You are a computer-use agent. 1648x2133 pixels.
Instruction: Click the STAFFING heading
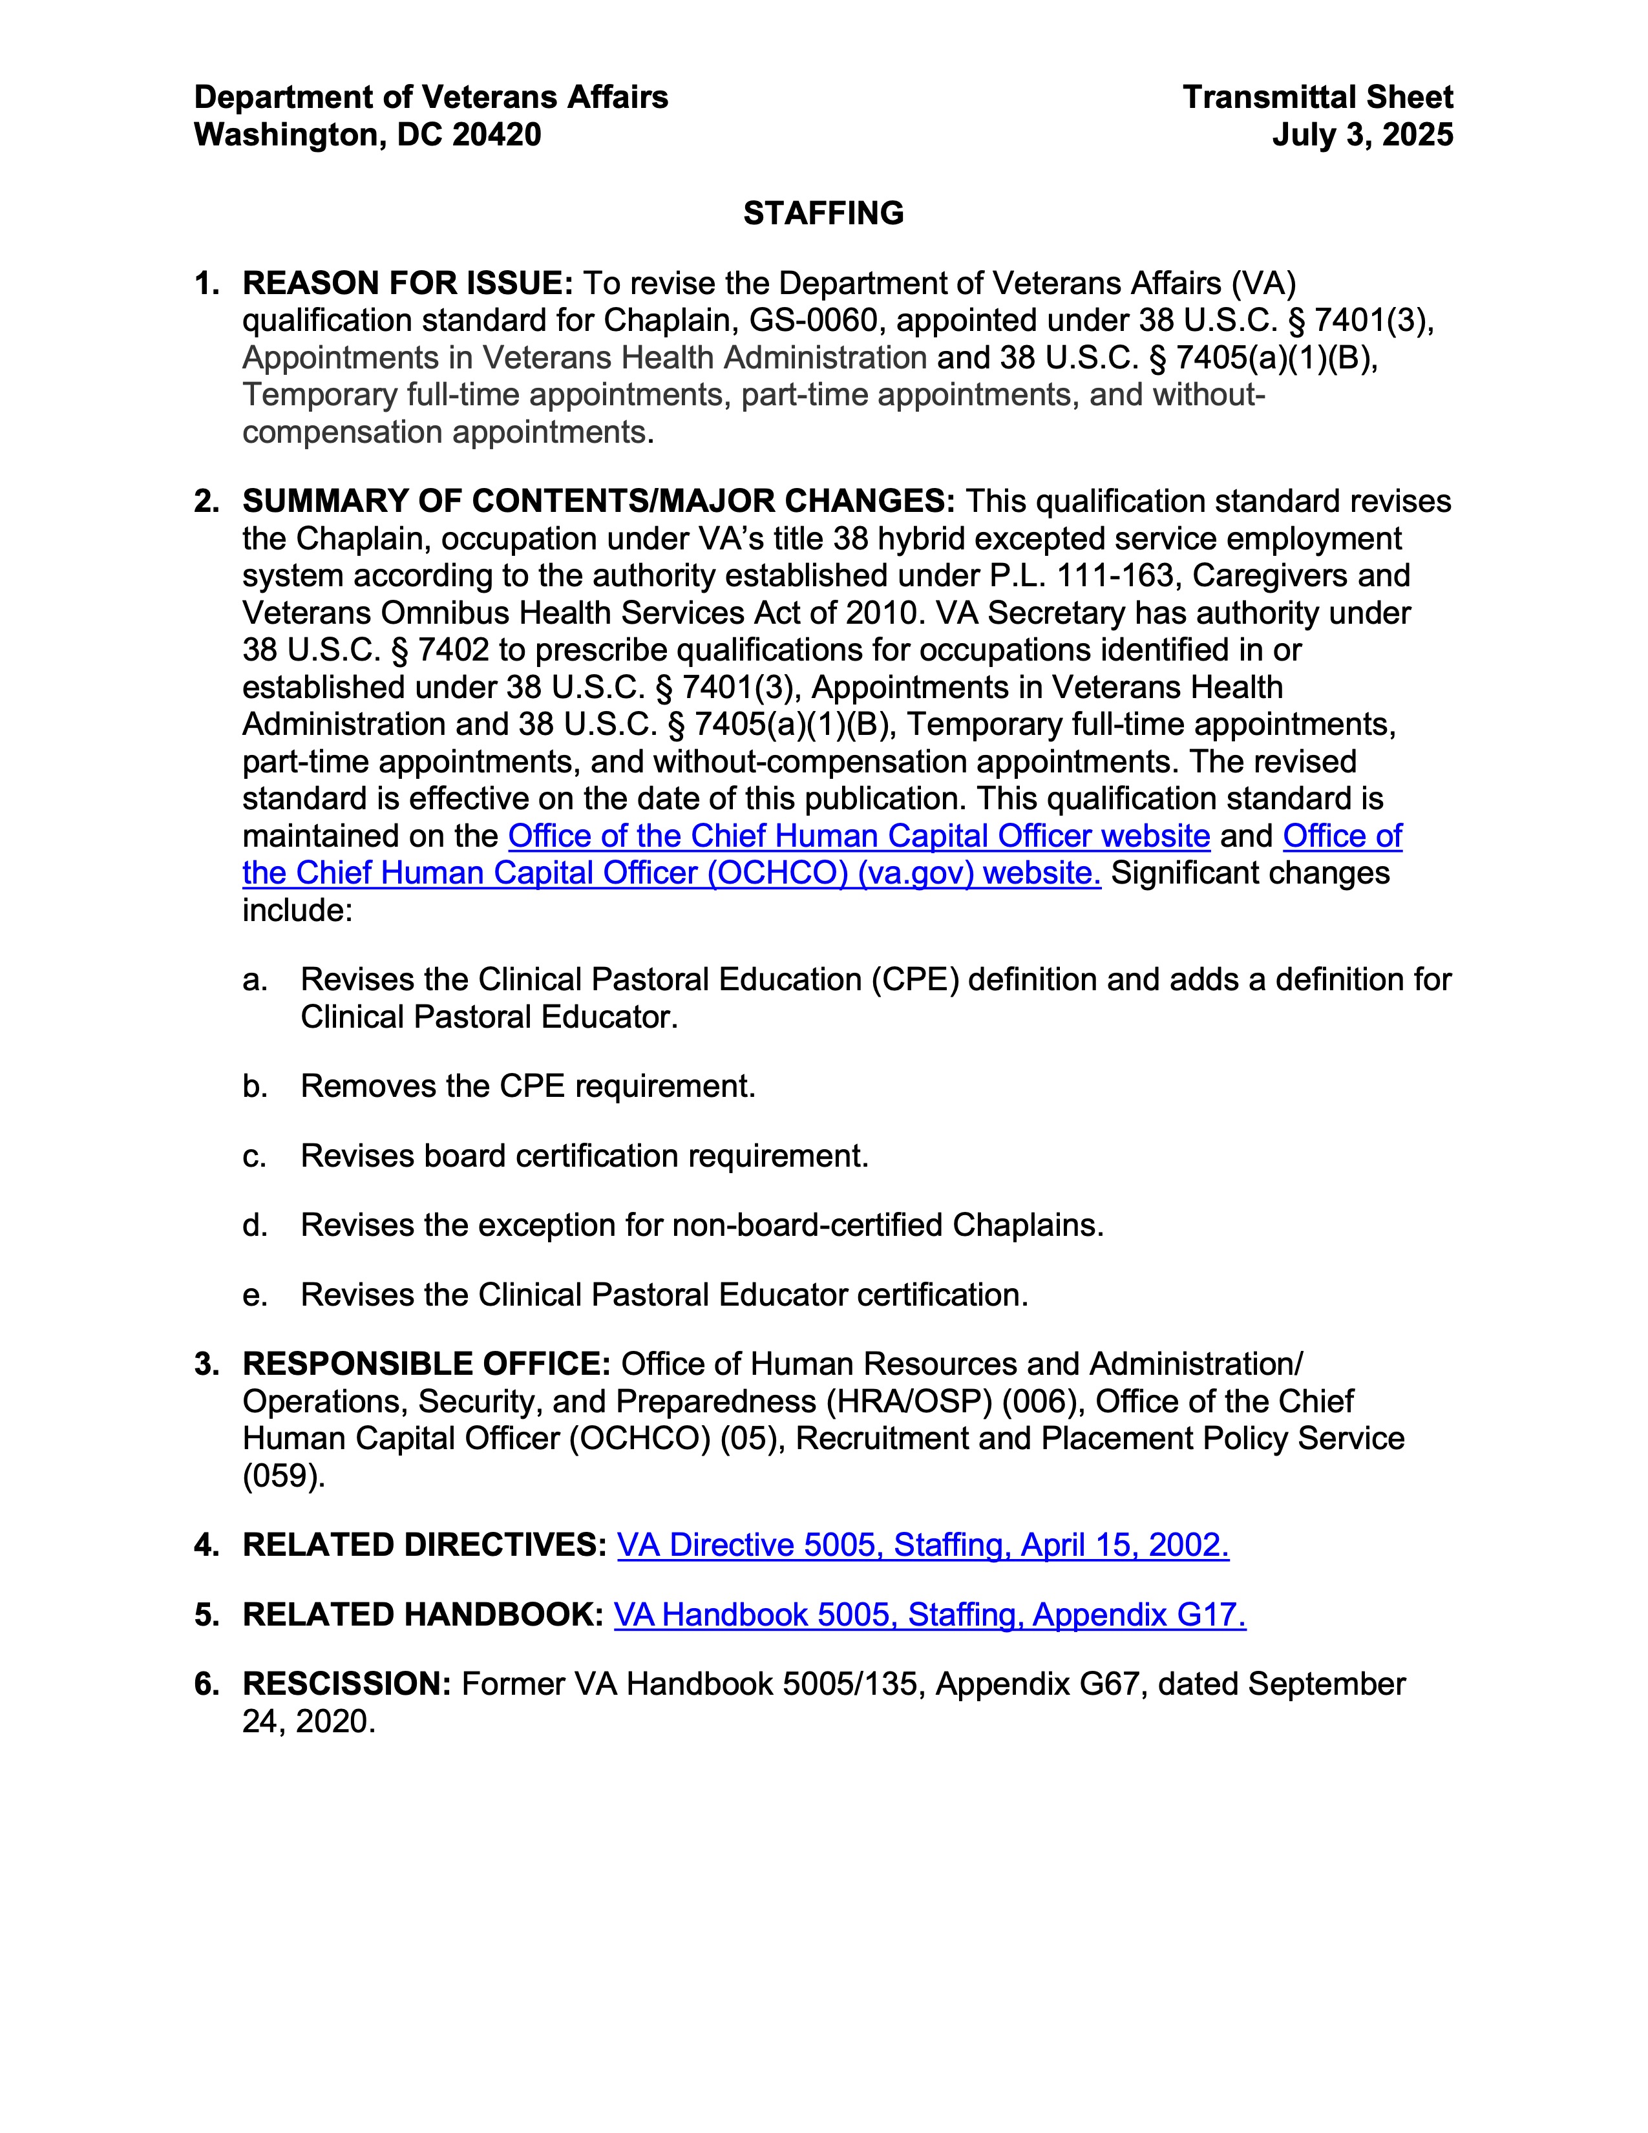tap(823, 213)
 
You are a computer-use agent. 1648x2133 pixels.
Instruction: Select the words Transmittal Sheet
tap(1317, 98)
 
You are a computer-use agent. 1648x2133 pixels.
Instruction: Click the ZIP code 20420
tap(496, 135)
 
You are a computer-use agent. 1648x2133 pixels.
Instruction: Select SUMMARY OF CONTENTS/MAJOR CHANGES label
tap(598, 501)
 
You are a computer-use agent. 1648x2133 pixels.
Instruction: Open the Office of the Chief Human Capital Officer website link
tap(859, 836)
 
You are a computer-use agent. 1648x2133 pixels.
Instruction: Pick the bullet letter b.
tap(255, 1086)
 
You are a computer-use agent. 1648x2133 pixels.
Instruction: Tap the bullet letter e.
tap(255, 1295)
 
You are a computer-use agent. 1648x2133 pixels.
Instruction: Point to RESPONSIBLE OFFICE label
tap(426, 1364)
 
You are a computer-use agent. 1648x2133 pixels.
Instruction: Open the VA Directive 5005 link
tap(923, 1545)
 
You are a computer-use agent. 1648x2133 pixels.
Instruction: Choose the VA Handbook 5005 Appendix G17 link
tap(929, 1615)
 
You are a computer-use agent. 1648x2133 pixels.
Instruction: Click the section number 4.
tap(205, 1545)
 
